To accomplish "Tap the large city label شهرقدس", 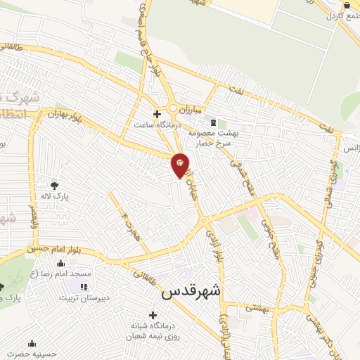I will tap(191, 292).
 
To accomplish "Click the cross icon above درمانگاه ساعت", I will tap(157, 113).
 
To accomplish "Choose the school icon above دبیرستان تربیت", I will tap(84, 287).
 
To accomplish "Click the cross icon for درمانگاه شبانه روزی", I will tap(153, 314).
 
